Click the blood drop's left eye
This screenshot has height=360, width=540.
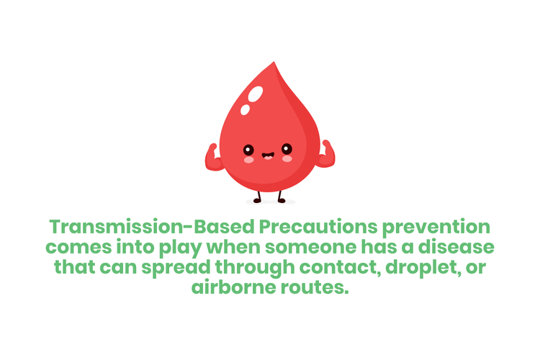pos(249,150)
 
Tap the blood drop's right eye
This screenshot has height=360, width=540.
pos(287,149)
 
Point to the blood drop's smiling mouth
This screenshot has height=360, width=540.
pos(268,155)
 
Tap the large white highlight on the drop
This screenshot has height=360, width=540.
pos(253,94)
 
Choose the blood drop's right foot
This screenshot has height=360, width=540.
pos(282,199)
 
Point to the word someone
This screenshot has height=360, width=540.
pos(297,248)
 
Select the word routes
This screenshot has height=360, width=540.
pos(318,288)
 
